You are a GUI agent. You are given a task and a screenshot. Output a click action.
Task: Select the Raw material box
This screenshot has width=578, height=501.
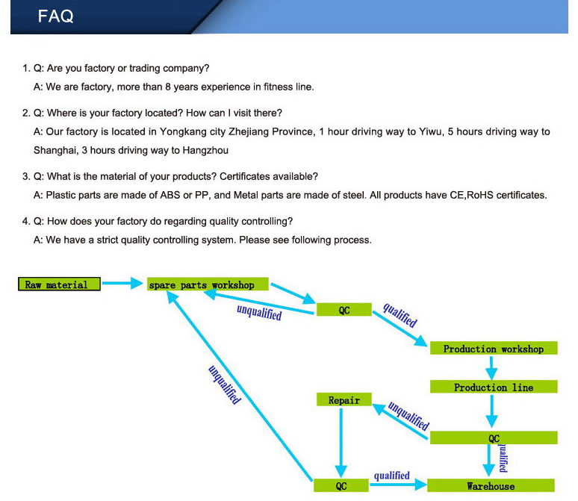[59, 284]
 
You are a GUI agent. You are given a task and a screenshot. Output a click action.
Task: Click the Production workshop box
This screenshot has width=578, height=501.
[493, 349]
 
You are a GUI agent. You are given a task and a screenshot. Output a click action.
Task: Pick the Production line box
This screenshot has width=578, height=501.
[493, 388]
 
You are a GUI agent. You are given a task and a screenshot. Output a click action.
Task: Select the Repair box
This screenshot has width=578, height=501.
[344, 401]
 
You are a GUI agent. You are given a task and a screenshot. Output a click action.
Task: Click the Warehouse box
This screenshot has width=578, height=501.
[491, 486]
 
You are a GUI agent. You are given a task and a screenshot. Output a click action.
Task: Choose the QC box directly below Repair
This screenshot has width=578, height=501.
[341, 486]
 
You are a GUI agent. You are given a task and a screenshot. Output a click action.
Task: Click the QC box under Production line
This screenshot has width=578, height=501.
[493, 438]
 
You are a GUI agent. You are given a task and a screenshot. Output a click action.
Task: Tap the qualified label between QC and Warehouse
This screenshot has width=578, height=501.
[392, 476]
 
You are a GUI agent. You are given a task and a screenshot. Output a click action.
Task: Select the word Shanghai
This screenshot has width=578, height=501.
[55, 150]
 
